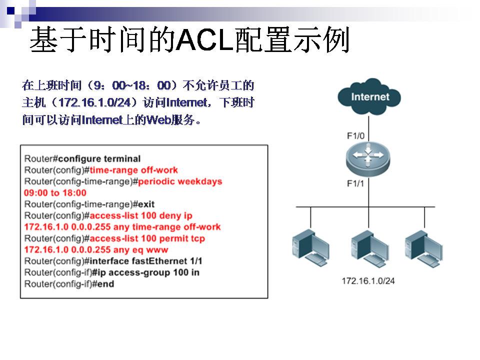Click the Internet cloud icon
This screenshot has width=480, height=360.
point(369,96)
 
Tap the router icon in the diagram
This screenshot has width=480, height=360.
point(368,159)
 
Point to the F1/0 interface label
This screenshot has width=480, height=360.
point(355,135)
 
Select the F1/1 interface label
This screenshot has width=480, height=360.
point(355,183)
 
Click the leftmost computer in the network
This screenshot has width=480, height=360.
point(310,248)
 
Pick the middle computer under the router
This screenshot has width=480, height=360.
point(370,249)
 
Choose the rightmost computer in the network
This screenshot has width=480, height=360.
point(424,249)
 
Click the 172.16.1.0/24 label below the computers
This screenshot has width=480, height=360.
point(368,280)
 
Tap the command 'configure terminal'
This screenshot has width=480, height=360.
point(99,159)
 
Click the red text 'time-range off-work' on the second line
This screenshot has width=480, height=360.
point(133,170)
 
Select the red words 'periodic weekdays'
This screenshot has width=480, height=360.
point(180,181)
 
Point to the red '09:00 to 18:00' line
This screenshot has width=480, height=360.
point(55,193)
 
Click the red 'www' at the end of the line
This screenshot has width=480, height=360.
point(157,250)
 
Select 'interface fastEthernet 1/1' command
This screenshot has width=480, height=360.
point(145,261)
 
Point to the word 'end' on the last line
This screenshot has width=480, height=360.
point(105,284)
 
